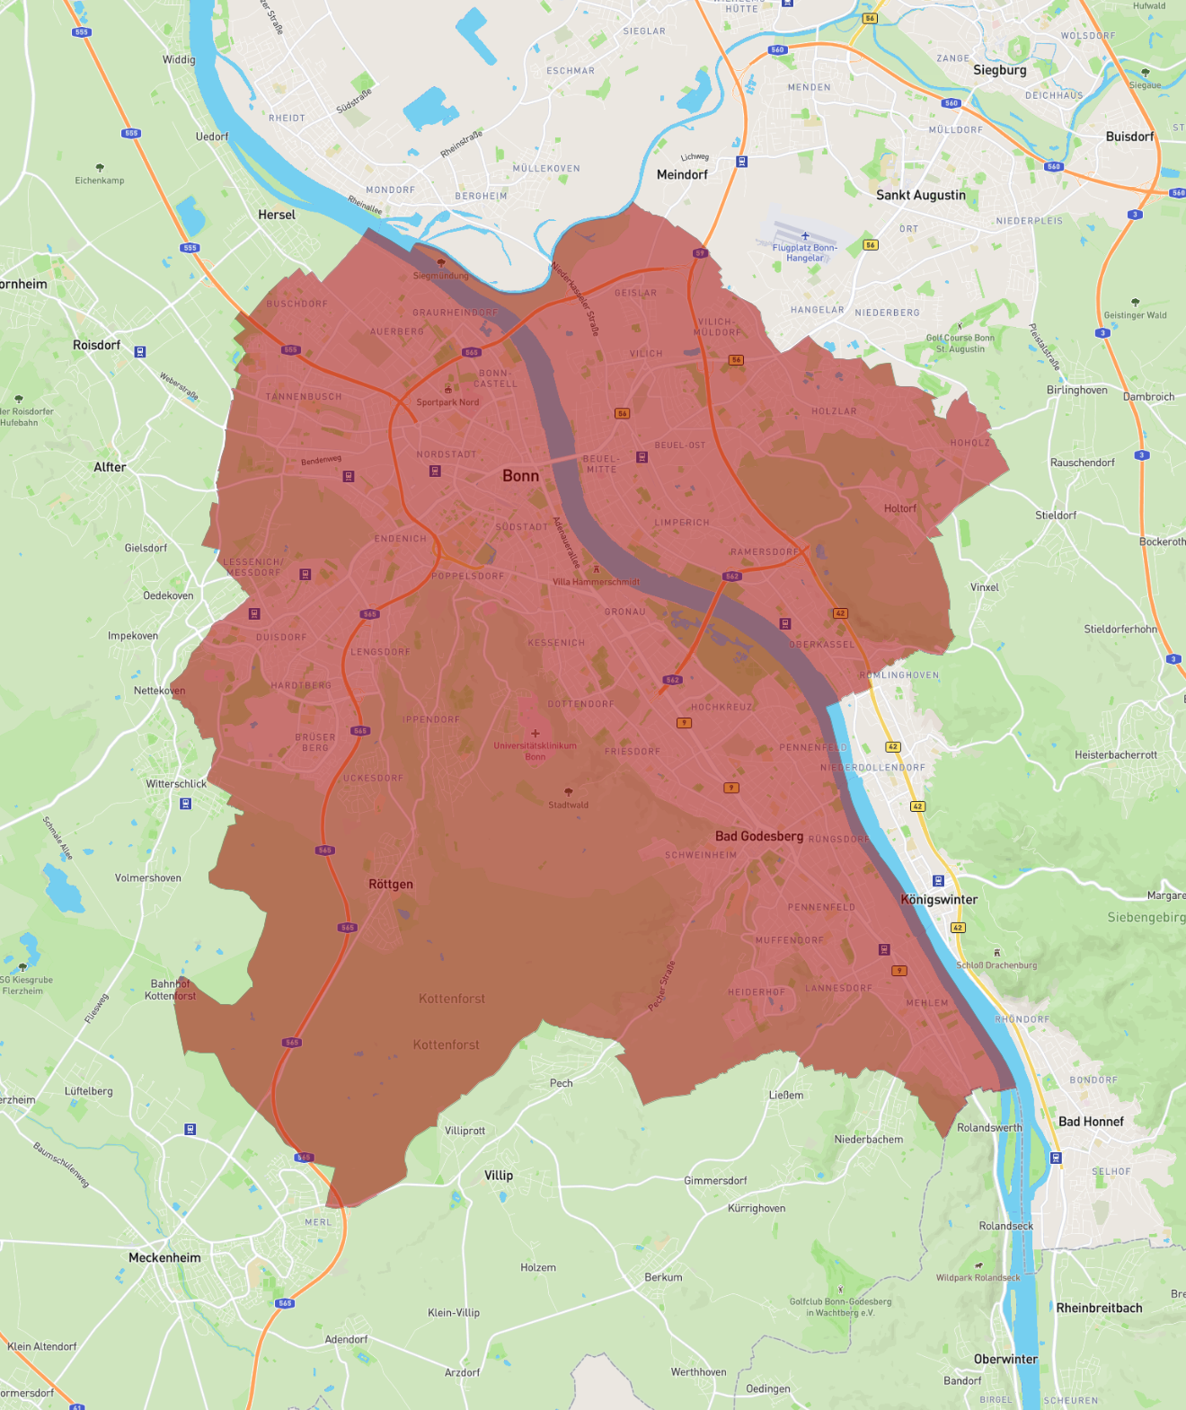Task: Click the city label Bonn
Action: click(520, 476)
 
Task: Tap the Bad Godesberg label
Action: click(759, 836)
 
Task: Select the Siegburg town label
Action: click(999, 70)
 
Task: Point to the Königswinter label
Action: click(939, 899)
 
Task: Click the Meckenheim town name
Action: click(164, 1257)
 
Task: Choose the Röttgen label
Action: click(391, 884)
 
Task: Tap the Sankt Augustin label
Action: click(921, 195)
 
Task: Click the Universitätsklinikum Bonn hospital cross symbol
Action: click(535, 734)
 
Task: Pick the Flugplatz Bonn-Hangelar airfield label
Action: click(805, 252)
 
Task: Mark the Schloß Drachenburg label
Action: click(996, 965)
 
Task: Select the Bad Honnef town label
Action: click(1091, 1121)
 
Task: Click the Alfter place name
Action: click(110, 467)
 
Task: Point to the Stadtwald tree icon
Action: click(569, 791)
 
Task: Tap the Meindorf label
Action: click(682, 174)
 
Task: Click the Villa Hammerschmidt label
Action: click(596, 582)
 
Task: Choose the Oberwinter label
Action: click(1005, 1359)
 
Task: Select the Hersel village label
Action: click(277, 215)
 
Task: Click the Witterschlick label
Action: click(176, 783)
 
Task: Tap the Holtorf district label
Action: click(899, 508)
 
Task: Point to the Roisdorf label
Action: click(96, 345)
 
